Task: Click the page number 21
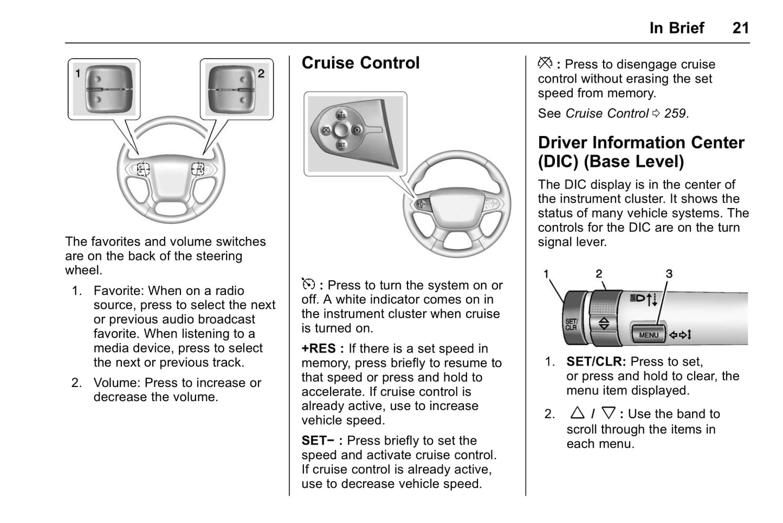(740, 28)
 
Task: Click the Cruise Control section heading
(360, 63)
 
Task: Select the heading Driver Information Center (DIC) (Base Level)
(641, 152)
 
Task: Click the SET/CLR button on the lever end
(571, 325)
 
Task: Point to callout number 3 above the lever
(669, 274)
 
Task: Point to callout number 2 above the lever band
(599, 274)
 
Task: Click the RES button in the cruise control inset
(341, 115)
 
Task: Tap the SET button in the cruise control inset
(341, 145)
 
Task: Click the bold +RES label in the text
(319, 348)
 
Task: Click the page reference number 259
(675, 114)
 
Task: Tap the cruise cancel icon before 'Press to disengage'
(545, 63)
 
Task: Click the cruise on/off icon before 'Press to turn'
(308, 285)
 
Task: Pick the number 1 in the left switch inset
(78, 73)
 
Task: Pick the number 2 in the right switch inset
(261, 73)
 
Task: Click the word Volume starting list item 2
(115, 383)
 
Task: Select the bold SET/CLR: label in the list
(596, 361)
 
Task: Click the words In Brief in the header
(676, 28)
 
